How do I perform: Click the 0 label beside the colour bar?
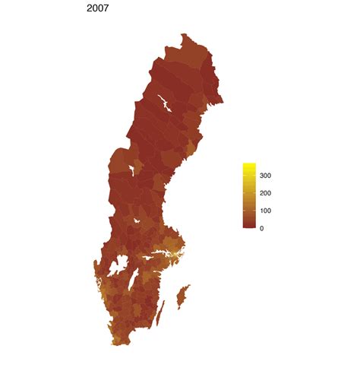262,228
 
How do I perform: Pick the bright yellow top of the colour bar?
248,166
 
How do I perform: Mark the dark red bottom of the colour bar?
248,226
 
